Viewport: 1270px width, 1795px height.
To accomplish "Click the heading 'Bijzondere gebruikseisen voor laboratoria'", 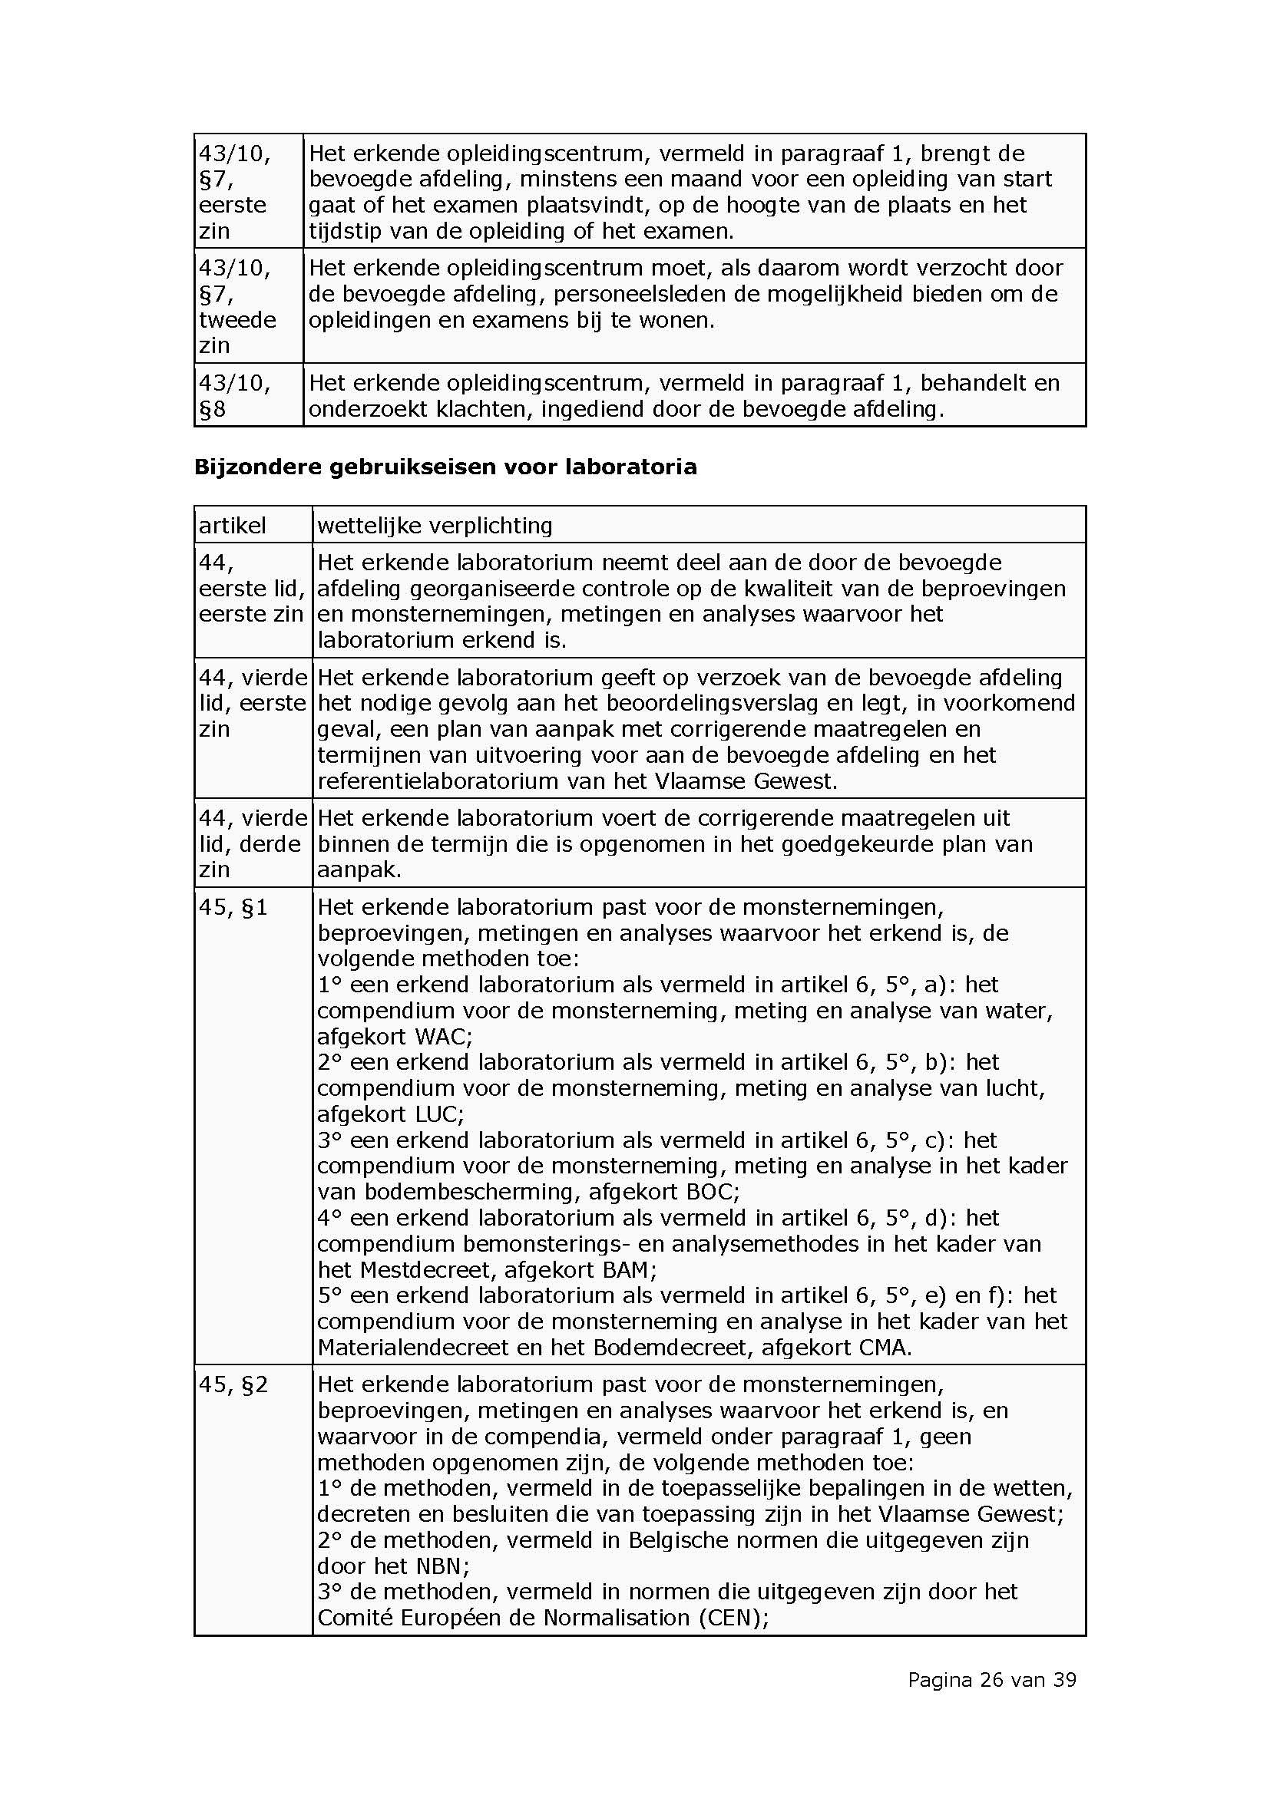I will tap(445, 467).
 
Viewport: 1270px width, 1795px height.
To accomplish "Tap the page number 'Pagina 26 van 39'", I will tap(991, 1679).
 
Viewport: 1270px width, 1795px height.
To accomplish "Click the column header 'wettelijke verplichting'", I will tap(435, 526).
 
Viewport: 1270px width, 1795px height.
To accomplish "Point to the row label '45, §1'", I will tap(233, 908).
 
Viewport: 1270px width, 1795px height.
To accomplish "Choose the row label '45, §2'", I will tap(233, 1384).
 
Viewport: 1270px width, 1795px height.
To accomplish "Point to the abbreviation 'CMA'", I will tap(883, 1347).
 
